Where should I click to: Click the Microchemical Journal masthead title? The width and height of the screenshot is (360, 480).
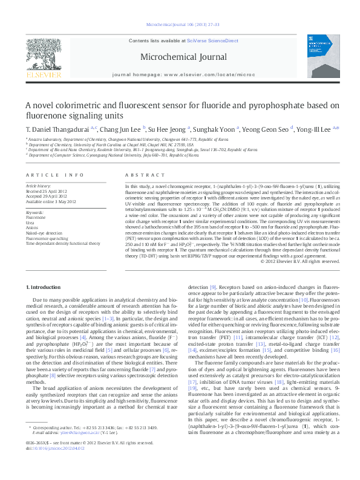click(x=180, y=55)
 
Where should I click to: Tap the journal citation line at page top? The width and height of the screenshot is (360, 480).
click(x=180, y=25)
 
